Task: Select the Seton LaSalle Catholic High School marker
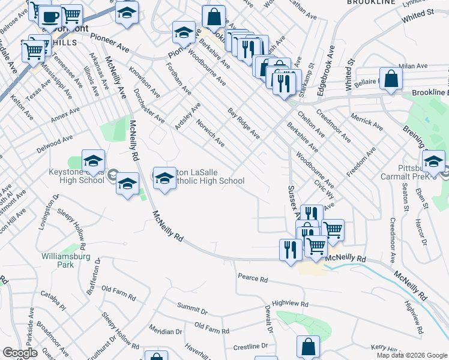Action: [164, 178]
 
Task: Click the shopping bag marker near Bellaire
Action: [391, 80]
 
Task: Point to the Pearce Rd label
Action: [252, 278]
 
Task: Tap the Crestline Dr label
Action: [250, 346]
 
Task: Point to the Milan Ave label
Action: [413, 66]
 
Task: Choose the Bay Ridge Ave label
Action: [243, 124]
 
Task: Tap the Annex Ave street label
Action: [65, 115]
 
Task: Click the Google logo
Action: [20, 353]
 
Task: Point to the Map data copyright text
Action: [412, 355]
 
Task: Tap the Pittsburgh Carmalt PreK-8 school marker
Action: [433, 161]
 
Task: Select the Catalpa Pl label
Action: [53, 298]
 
